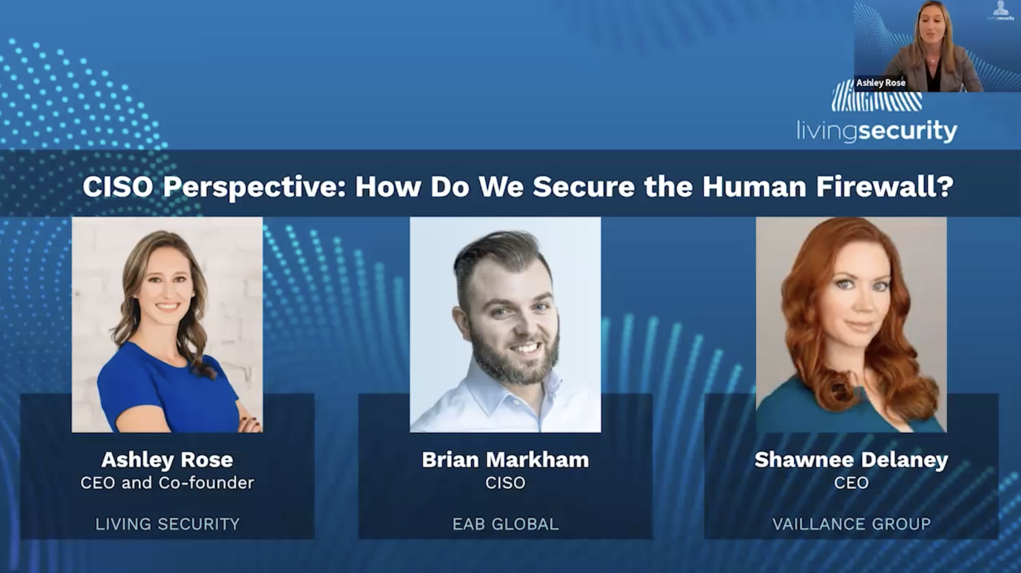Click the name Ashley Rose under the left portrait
167,460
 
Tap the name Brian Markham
506,460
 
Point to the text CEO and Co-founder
167,483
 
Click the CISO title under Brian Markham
506,483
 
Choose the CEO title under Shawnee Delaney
851,483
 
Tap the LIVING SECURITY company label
167,524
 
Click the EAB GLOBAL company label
506,524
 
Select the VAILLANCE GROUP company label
851,524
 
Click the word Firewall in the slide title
884,187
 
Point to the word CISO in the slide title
118,187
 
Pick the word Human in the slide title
754,187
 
